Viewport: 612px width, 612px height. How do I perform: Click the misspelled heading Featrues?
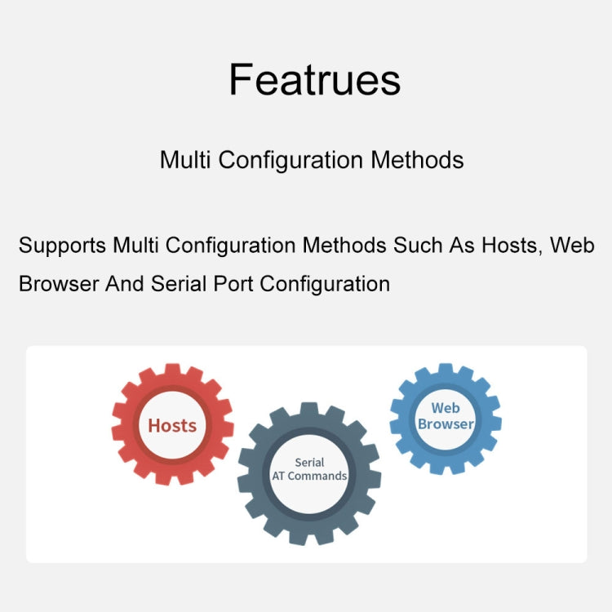click(314, 80)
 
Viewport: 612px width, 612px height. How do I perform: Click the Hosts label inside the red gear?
click(172, 425)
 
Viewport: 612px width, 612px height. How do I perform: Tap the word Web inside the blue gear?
click(446, 408)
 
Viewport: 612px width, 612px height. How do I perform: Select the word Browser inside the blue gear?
click(446, 424)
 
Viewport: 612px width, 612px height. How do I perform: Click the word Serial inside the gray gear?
click(309, 463)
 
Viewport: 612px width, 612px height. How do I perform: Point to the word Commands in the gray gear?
click(317, 477)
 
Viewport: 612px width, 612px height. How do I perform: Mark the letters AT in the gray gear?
click(278, 477)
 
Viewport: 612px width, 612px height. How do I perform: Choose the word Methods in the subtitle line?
click(418, 159)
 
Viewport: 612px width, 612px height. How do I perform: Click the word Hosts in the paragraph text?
click(510, 245)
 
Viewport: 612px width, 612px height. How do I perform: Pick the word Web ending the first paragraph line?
click(570, 245)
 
